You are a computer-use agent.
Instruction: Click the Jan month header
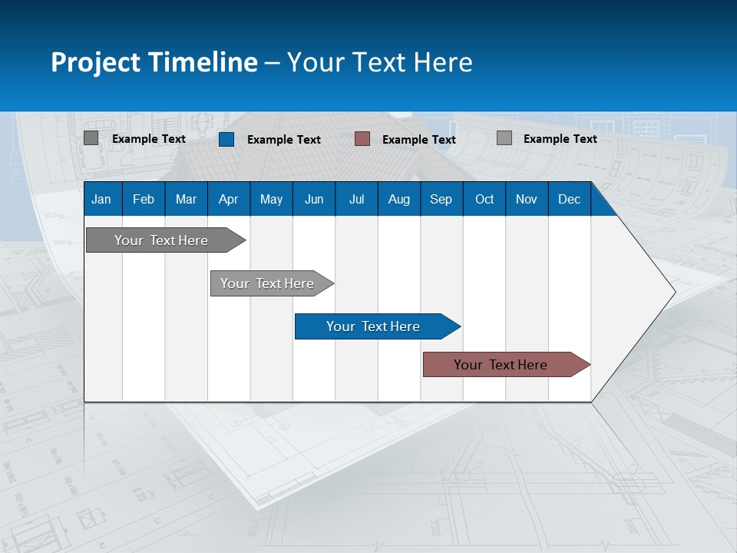click(101, 199)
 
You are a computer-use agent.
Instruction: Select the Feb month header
click(144, 199)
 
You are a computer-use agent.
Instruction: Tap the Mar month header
click(186, 199)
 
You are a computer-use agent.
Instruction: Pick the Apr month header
click(228, 199)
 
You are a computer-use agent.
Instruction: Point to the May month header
click(271, 199)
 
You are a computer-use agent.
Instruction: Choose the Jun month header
click(314, 199)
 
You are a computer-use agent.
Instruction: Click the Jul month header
click(356, 199)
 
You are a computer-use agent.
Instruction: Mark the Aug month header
click(399, 199)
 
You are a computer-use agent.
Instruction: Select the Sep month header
click(441, 199)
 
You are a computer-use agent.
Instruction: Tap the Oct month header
click(484, 199)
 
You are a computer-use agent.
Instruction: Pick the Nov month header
click(527, 199)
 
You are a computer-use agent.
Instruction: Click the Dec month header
click(570, 199)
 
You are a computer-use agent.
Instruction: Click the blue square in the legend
click(226, 139)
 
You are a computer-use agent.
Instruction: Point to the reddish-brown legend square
click(362, 139)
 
